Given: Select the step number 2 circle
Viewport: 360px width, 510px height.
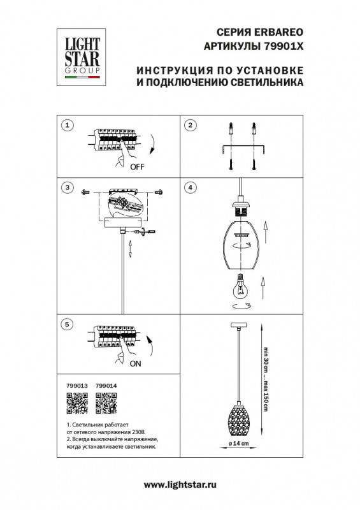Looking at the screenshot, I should tap(190, 125).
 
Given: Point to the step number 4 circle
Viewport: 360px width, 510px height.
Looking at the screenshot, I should tap(190, 187).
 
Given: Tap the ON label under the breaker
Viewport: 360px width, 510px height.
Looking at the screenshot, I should tap(136, 365).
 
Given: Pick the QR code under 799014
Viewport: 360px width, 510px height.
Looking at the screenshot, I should tap(105, 403).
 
